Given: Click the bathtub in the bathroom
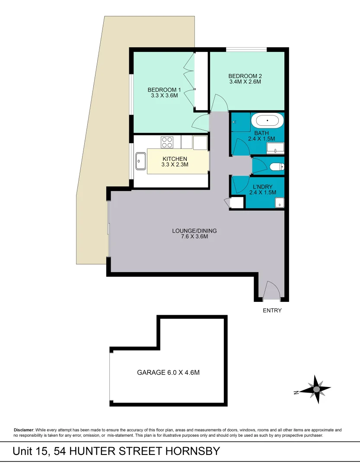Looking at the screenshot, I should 268,120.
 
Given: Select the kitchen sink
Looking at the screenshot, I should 141,161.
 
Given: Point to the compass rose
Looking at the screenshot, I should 316,390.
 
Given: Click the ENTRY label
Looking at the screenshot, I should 272,310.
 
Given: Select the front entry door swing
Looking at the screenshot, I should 272,290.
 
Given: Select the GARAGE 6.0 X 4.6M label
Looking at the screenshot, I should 168,372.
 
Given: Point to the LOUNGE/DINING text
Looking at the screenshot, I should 194,230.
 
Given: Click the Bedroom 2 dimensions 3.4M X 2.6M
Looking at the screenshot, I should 245,81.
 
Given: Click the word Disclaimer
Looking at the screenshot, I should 23,430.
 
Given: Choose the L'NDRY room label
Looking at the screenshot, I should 262,186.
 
